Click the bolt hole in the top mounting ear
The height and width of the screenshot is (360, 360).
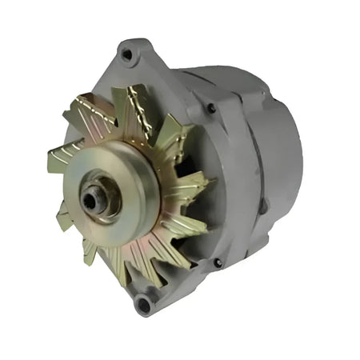(x=126, y=54)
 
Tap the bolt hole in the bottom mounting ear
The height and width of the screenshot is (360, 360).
(x=144, y=302)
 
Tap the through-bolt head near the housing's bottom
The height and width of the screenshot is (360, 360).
(x=218, y=262)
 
